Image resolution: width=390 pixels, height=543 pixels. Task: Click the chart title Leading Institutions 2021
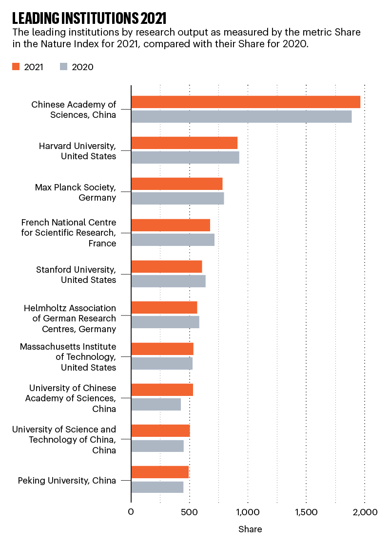tap(89, 19)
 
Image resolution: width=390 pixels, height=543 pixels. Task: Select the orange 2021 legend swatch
tap(16, 67)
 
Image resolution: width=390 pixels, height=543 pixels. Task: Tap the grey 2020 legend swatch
tap(63, 67)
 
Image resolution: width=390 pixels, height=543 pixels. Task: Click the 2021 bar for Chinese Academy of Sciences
tap(246, 102)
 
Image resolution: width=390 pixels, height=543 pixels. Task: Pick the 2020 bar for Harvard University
tap(185, 157)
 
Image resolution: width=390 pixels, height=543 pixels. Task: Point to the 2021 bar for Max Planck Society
tap(177, 184)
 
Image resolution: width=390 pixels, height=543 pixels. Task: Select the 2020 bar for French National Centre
tap(173, 240)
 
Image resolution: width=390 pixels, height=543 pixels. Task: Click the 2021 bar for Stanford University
tap(167, 266)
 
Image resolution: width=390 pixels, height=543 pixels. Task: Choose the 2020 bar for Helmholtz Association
tap(165, 322)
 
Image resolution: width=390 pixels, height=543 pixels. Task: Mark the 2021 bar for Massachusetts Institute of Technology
tap(162, 349)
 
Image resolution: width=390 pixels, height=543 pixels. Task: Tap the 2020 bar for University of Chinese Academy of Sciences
tap(156, 404)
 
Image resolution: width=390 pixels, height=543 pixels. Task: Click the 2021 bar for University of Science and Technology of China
tap(160, 431)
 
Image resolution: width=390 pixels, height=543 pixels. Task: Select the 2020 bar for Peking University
tap(157, 487)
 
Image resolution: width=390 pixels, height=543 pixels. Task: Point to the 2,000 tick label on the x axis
tap(365, 512)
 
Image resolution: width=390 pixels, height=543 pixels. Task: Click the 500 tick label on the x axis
tap(189, 512)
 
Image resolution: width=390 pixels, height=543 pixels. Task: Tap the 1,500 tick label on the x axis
tap(307, 512)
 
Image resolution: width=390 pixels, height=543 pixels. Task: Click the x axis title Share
tap(250, 529)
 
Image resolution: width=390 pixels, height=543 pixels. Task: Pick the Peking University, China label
tap(67, 481)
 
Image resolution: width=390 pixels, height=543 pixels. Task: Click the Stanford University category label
tap(76, 275)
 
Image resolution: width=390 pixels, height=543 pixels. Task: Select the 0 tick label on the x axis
tap(131, 512)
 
